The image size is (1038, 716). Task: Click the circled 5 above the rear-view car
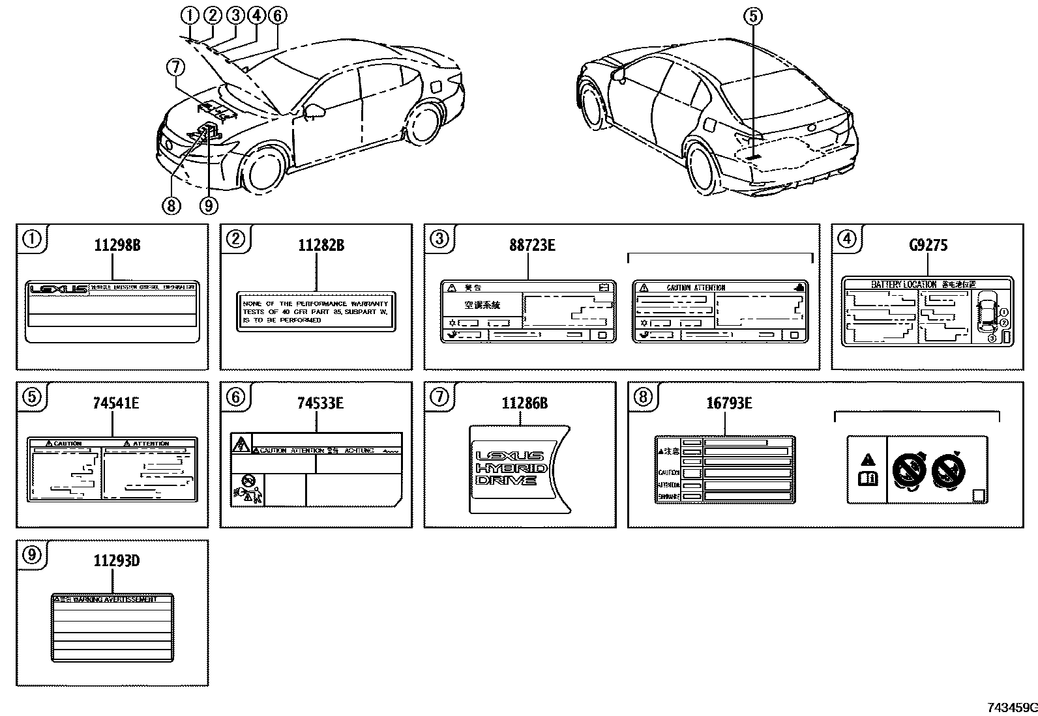click(753, 16)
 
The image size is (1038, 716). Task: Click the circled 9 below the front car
click(208, 206)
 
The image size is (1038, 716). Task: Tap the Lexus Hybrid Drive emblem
click(512, 468)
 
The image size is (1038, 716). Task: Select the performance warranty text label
click(316, 312)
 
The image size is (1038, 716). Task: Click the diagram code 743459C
click(1010, 708)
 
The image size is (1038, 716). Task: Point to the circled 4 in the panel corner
click(846, 240)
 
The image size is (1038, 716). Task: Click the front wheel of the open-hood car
click(265, 171)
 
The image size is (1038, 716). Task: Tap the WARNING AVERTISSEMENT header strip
click(112, 599)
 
